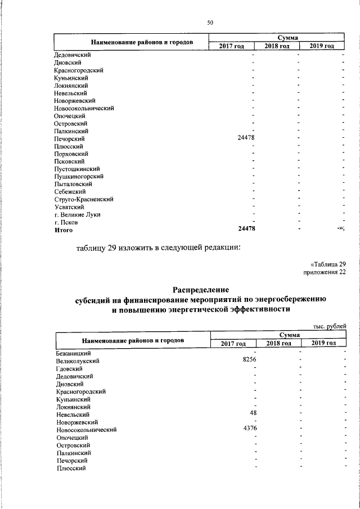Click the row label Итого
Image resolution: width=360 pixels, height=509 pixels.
(64, 229)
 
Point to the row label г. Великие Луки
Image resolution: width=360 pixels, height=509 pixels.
(78, 214)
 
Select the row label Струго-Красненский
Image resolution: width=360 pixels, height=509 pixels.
(84, 199)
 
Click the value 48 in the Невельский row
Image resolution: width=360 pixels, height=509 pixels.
(253, 413)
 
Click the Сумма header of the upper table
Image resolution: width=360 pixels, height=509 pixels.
(277, 37)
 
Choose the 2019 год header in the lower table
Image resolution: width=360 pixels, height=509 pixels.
(323, 343)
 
